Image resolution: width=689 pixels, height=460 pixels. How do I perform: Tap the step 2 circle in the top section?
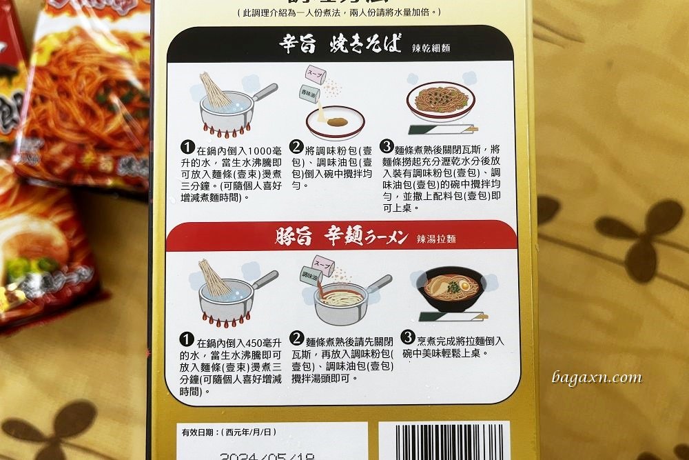click(296, 148)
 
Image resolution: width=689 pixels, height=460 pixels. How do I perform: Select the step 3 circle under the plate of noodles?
click(387, 148)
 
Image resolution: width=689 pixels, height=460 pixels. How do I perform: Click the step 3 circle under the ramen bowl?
click(407, 337)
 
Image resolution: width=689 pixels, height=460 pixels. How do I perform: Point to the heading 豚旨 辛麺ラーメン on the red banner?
click(339, 236)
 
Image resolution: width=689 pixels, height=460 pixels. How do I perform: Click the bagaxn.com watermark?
click(597, 378)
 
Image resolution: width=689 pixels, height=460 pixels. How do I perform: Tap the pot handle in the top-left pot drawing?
click(264, 90)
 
